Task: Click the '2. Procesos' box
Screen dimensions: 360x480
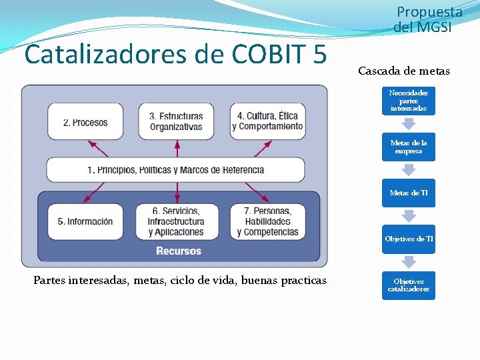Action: point(85,122)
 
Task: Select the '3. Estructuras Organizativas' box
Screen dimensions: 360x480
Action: point(176,121)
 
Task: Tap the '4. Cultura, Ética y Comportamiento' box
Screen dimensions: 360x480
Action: point(267,121)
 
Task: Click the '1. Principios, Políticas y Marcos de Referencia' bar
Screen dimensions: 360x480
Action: point(175,170)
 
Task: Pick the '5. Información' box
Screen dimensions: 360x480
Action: point(85,221)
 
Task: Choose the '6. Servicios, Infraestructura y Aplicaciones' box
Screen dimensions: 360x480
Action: point(176,221)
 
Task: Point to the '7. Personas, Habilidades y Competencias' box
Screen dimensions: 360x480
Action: point(267,221)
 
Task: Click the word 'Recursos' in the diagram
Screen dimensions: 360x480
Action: point(178,251)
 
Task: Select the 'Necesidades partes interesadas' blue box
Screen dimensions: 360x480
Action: point(408,101)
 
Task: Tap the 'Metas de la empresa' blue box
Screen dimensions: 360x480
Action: point(408,147)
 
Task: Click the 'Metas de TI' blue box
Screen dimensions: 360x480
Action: point(408,193)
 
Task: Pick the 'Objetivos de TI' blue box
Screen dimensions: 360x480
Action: point(408,239)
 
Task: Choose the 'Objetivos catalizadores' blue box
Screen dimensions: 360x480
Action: point(408,285)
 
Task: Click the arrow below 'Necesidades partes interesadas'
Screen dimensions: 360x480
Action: point(408,124)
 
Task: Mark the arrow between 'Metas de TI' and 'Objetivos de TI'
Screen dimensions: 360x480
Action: point(408,215)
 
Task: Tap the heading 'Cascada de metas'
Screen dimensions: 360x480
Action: point(404,71)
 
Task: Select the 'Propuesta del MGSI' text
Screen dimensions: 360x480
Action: point(427,19)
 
